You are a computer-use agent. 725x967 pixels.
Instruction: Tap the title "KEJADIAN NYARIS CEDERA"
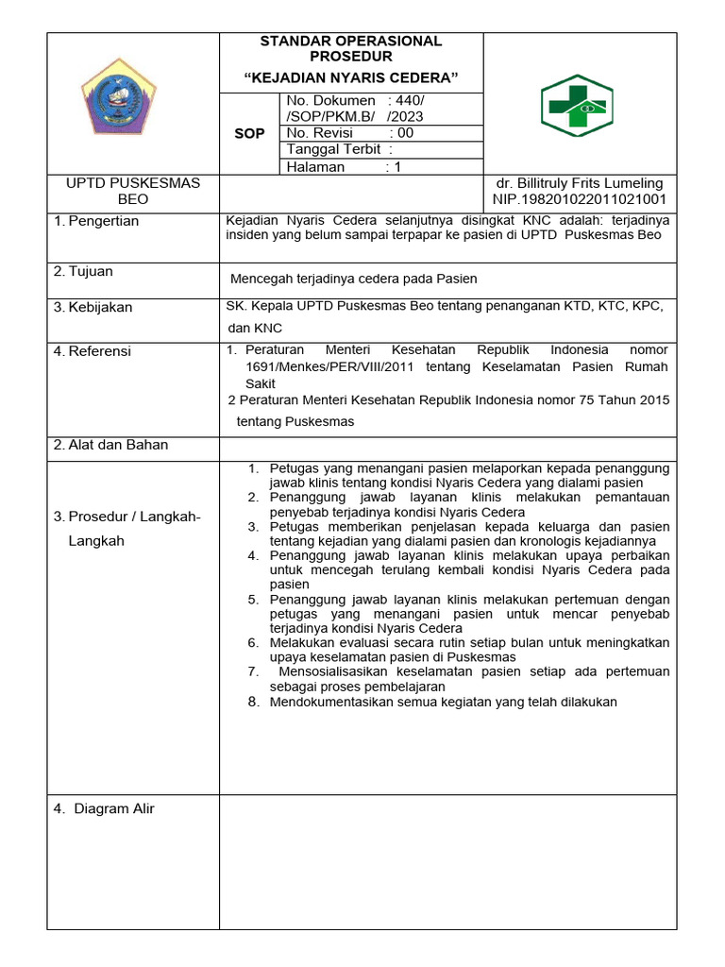click(x=350, y=76)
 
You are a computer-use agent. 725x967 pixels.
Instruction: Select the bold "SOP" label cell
click(x=249, y=134)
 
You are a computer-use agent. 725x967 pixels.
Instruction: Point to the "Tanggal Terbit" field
click(x=333, y=149)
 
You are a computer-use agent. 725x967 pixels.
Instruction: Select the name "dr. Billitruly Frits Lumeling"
click(x=580, y=183)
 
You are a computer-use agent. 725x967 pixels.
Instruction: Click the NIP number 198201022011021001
click(x=580, y=199)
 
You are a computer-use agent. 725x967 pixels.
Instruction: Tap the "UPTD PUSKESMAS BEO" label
click(x=133, y=192)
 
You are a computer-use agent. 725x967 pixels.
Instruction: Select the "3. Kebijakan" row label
click(x=93, y=307)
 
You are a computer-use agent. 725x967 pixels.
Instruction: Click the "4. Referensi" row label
click(x=93, y=351)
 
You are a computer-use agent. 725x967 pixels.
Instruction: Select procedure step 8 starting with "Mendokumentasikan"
click(x=442, y=702)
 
